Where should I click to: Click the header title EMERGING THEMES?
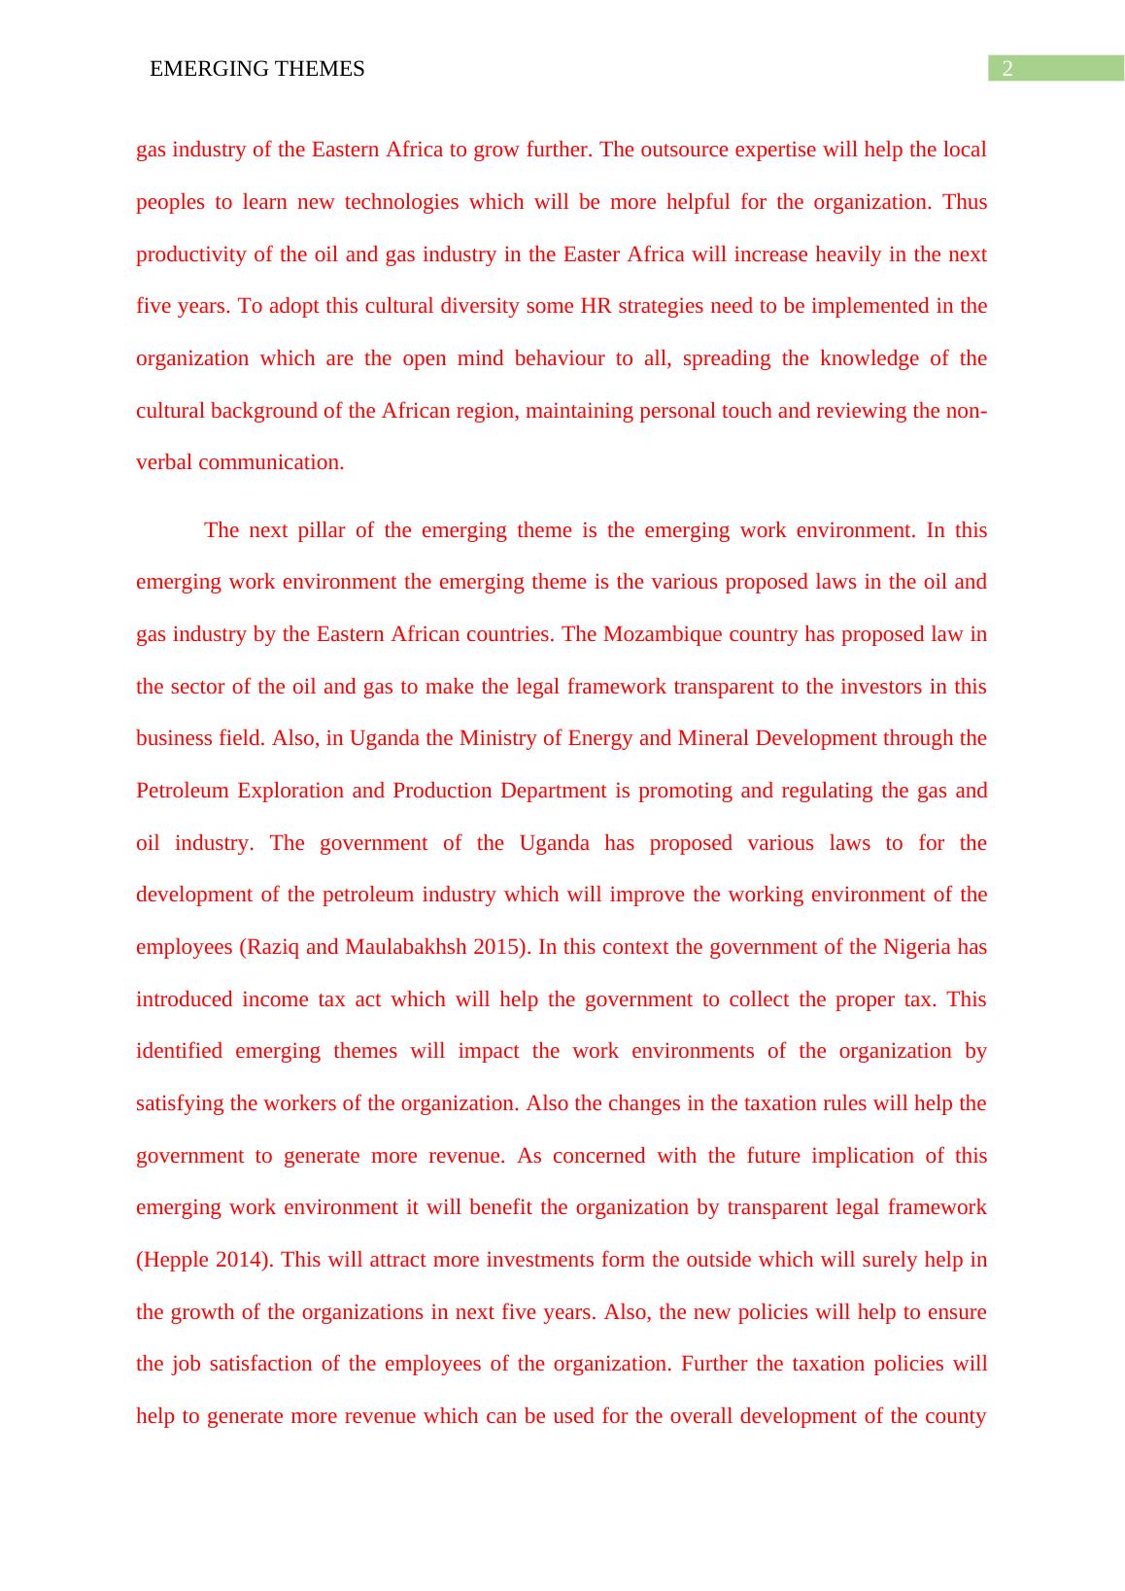click(x=257, y=69)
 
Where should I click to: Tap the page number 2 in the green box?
click(x=1007, y=68)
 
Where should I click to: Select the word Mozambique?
click(x=655, y=634)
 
